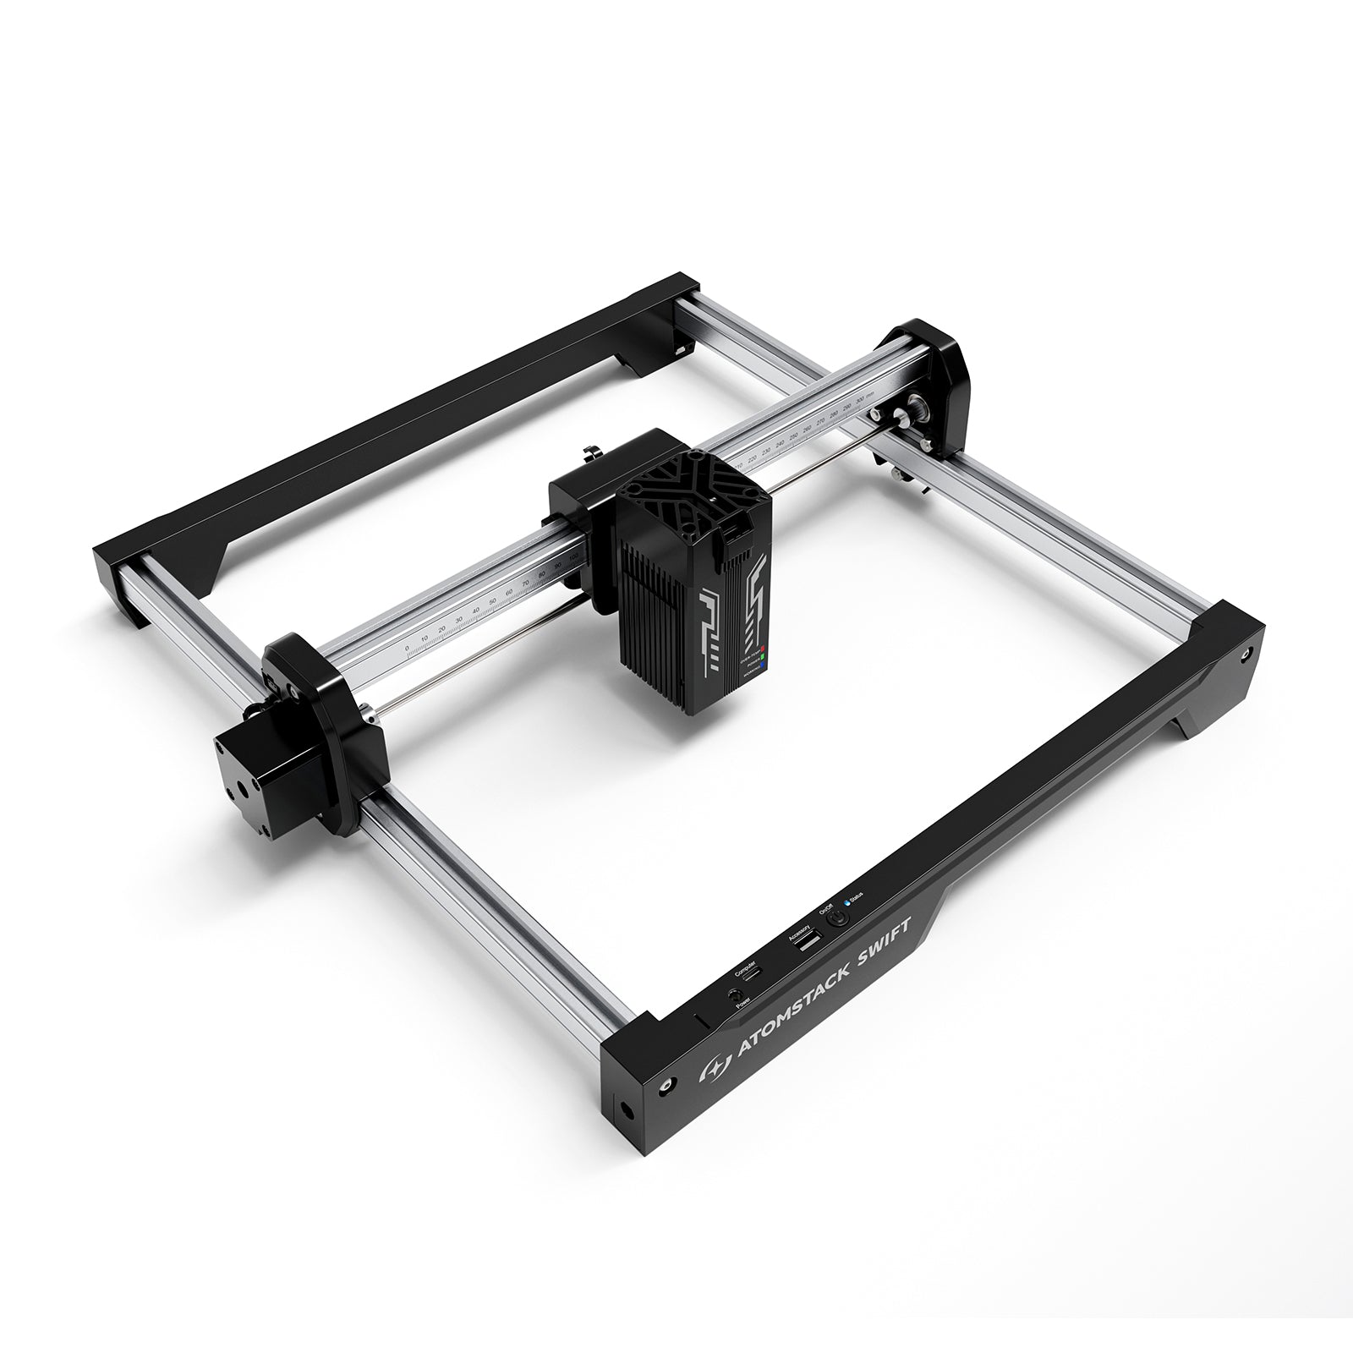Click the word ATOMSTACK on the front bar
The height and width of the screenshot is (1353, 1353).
795,998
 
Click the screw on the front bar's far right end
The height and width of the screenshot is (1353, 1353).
1246,655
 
